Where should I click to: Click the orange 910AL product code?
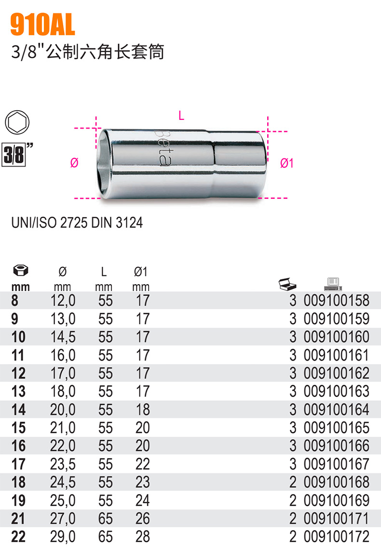(x=43, y=25)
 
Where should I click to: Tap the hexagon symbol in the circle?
(x=17, y=122)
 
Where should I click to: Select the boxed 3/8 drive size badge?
(x=14, y=155)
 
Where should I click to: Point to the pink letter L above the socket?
(x=181, y=116)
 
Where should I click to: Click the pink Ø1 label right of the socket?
(x=287, y=163)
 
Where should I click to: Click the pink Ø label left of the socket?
(x=74, y=162)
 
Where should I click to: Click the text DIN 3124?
(x=117, y=222)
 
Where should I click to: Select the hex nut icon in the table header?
(x=21, y=271)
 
